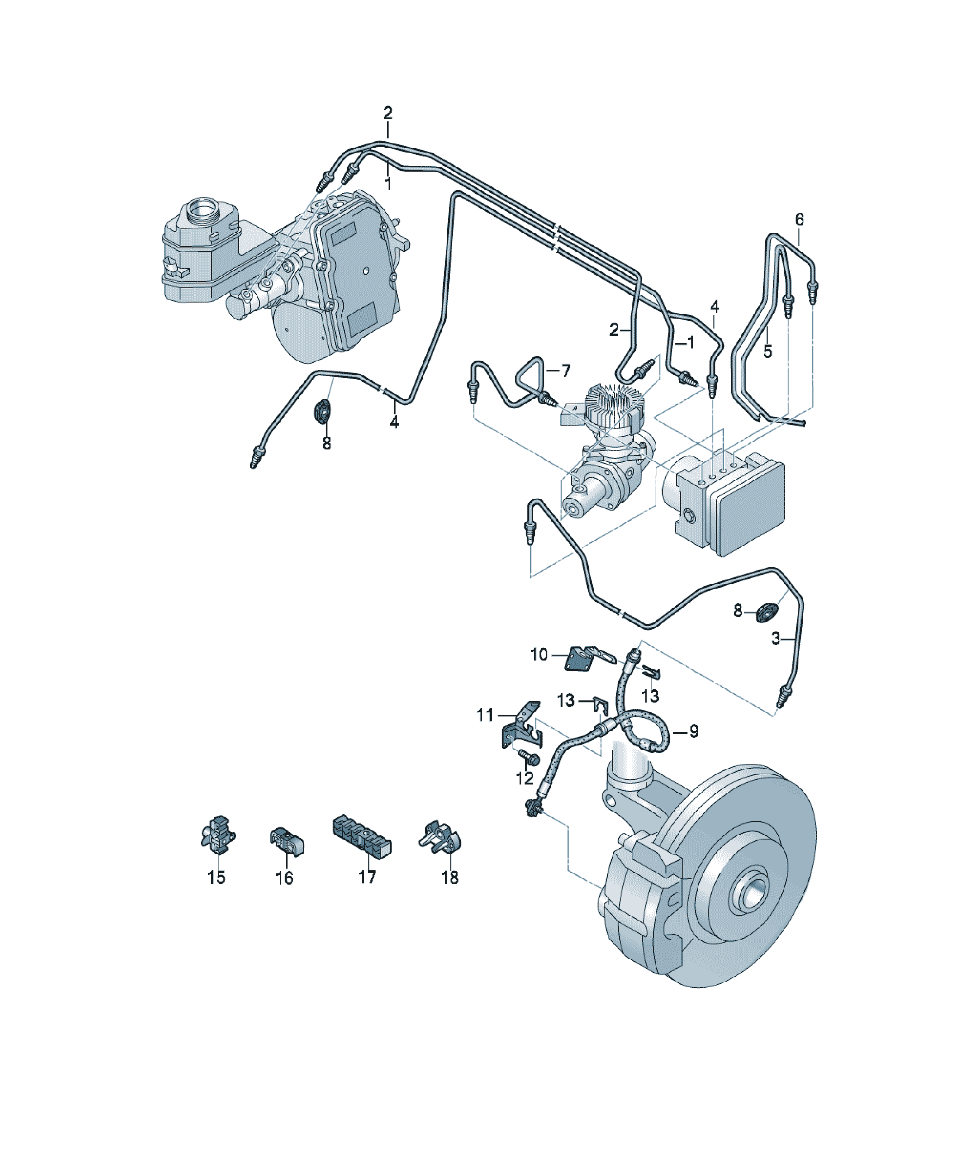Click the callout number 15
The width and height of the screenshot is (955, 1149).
point(216,878)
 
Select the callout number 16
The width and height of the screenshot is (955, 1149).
point(284,878)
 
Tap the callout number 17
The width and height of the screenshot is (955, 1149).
point(367,878)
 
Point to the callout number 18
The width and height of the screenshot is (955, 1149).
point(450,878)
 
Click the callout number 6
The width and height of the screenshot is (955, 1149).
point(799,219)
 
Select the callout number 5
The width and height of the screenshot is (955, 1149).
point(768,351)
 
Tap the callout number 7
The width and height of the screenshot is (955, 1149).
point(566,371)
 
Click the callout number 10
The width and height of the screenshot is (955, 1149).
point(539,654)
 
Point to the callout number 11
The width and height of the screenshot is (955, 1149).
point(485,715)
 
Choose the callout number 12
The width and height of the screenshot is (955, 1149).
point(525,778)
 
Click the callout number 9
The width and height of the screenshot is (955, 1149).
point(694,731)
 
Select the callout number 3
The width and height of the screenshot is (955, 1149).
point(775,638)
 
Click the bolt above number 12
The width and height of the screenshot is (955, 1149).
point(528,757)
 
